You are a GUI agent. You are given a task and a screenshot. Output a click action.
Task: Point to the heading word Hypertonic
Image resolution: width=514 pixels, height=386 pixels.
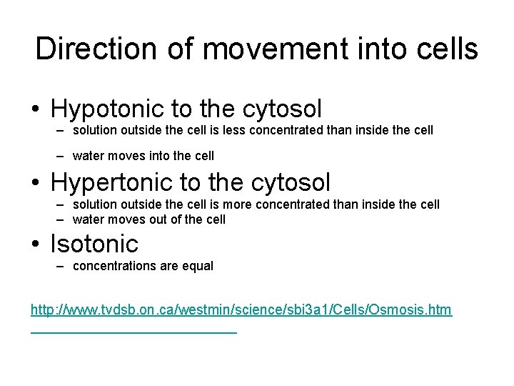tap(112, 182)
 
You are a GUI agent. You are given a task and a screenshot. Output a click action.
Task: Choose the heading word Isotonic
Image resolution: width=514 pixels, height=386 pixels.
tap(94, 244)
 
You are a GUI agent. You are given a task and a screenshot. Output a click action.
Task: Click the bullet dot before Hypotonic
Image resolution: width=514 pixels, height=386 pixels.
tap(35, 110)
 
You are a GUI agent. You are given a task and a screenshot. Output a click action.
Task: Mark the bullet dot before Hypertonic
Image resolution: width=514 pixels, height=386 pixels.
tap(35, 184)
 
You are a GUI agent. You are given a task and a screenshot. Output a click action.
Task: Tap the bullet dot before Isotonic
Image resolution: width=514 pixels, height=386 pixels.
tap(35, 245)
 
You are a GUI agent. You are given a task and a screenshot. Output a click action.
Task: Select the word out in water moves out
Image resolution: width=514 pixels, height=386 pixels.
tap(160, 219)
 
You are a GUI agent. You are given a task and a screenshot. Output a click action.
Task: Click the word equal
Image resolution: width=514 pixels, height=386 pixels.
tap(199, 266)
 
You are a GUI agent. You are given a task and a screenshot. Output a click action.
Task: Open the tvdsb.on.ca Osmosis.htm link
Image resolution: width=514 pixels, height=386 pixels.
tap(241, 310)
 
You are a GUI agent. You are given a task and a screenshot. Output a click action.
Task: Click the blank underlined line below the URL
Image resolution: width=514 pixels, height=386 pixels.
tap(133, 330)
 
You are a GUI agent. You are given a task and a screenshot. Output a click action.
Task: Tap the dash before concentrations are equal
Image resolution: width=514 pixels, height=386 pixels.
tap(60, 266)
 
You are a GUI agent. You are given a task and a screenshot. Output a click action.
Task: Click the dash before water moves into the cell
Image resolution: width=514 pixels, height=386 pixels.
tap(60, 155)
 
